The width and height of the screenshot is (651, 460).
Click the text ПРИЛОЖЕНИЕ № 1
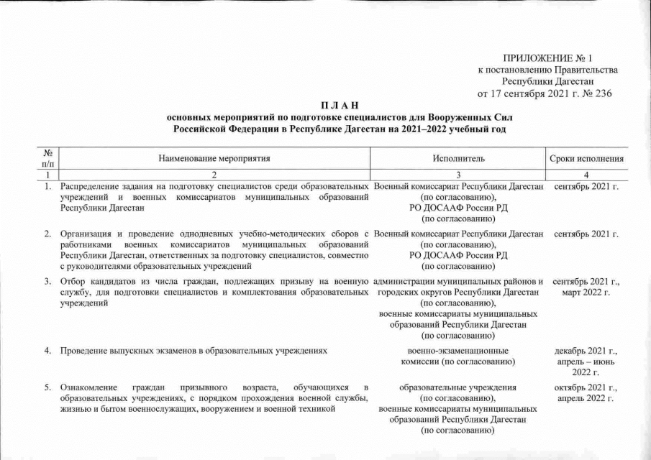pos(546,57)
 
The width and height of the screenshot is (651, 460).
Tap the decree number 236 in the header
pos(602,93)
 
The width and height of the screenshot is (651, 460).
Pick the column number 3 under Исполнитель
pos(458,175)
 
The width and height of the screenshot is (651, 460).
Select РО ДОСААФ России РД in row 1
pos(458,208)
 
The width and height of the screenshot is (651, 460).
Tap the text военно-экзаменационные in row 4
pos(458,350)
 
